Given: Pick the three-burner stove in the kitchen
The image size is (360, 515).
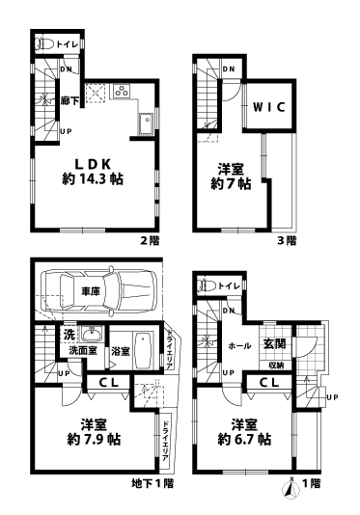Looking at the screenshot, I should tap(123, 93).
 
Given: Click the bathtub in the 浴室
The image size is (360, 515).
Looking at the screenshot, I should tap(139, 351).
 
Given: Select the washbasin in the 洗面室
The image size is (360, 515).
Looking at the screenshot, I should tap(92, 337).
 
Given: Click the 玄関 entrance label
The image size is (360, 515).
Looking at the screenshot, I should tap(273, 344).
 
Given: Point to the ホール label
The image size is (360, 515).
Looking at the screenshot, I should tap(240, 344).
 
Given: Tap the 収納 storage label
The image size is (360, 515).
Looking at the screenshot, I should tap(275, 365).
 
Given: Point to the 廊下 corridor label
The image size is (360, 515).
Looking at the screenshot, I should tap(69, 99).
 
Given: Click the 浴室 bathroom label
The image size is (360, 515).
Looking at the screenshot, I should tap(121, 352).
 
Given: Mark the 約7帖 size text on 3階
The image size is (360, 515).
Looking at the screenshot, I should tap(232, 183).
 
